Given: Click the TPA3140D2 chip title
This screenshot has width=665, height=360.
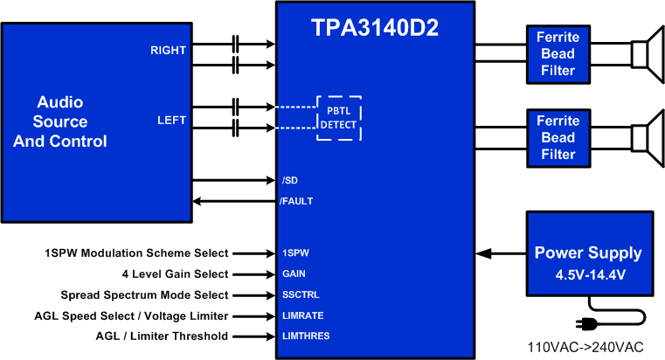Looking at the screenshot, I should (x=375, y=29).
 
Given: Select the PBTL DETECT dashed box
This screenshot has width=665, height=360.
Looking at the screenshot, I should (x=338, y=117).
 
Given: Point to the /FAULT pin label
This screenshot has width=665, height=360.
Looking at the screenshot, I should (x=296, y=201).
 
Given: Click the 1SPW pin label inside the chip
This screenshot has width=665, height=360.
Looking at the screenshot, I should (x=294, y=253).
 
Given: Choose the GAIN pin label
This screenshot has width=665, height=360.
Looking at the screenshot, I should (x=294, y=273).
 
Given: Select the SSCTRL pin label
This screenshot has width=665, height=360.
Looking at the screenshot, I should (x=300, y=294).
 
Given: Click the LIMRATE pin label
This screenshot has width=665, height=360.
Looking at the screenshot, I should (x=301, y=315).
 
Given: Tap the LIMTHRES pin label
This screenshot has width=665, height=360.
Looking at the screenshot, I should (x=305, y=336).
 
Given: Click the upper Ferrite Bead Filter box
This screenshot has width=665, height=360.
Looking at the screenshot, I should (x=558, y=53).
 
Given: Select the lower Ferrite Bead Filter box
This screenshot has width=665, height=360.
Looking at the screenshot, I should (x=558, y=137).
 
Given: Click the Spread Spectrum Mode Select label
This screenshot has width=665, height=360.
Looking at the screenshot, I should (x=145, y=294).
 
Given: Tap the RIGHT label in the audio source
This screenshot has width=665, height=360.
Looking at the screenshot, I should (x=168, y=50).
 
